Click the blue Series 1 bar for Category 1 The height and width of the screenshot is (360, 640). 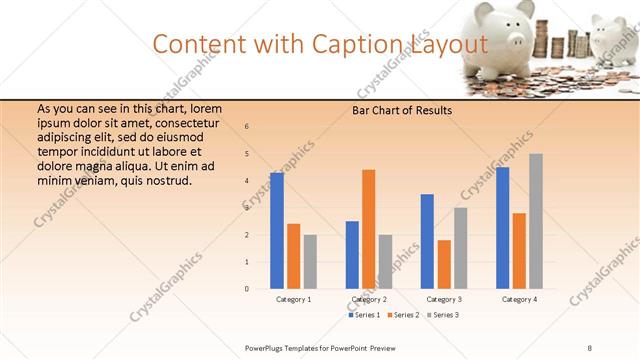point(277,231)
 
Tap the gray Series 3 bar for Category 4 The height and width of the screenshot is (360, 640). point(536,221)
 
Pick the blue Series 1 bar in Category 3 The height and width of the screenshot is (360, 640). point(427,241)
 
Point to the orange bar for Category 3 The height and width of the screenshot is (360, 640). point(444,264)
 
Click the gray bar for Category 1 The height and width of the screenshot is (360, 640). point(310,262)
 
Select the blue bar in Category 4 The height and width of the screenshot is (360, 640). point(502,228)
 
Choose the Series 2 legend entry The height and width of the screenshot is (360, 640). point(404,315)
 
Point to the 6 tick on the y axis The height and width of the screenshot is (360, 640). point(247,127)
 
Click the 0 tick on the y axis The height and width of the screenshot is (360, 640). point(247,289)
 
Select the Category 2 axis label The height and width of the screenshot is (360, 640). point(369,299)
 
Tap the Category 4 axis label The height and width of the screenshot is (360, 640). point(519,299)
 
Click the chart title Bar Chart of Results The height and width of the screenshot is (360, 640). point(403,110)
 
